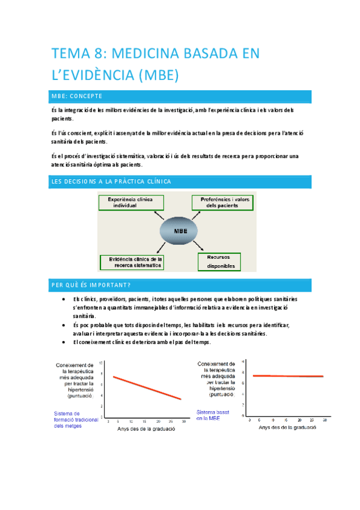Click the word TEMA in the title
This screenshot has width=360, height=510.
click(69, 54)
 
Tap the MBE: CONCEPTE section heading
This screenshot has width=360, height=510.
click(78, 96)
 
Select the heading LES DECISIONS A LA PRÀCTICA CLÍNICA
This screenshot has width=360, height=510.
click(111, 181)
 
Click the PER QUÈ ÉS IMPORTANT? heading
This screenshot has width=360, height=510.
click(92, 284)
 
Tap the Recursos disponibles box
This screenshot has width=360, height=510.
click(219, 260)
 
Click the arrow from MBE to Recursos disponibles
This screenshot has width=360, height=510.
click(200, 248)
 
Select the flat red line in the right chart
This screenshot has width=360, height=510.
click(288, 376)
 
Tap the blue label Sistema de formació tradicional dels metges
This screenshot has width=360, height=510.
click(76, 419)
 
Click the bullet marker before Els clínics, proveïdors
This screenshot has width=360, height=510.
click(64, 299)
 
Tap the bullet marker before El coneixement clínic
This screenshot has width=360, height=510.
click(64, 342)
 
